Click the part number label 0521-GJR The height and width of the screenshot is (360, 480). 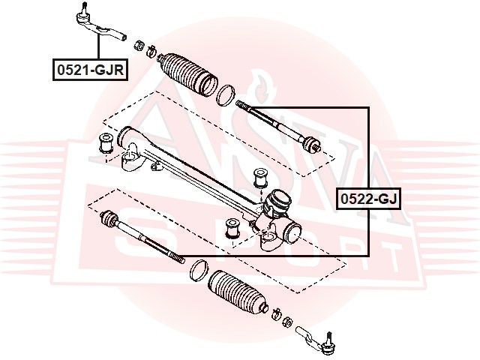(90, 70)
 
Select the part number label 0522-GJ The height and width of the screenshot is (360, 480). (368, 199)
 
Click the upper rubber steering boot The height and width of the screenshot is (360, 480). (188, 74)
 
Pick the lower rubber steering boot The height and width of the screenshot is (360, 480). (238, 293)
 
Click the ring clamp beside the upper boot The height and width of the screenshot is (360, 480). (226, 95)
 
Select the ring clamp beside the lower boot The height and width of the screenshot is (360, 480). (199, 270)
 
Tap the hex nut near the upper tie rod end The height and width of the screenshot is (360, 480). (139, 46)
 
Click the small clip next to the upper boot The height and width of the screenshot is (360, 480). (151, 51)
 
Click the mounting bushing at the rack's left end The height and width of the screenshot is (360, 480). (106, 143)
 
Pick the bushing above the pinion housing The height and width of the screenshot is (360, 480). (261, 178)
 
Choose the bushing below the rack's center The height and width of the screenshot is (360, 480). (232, 228)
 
